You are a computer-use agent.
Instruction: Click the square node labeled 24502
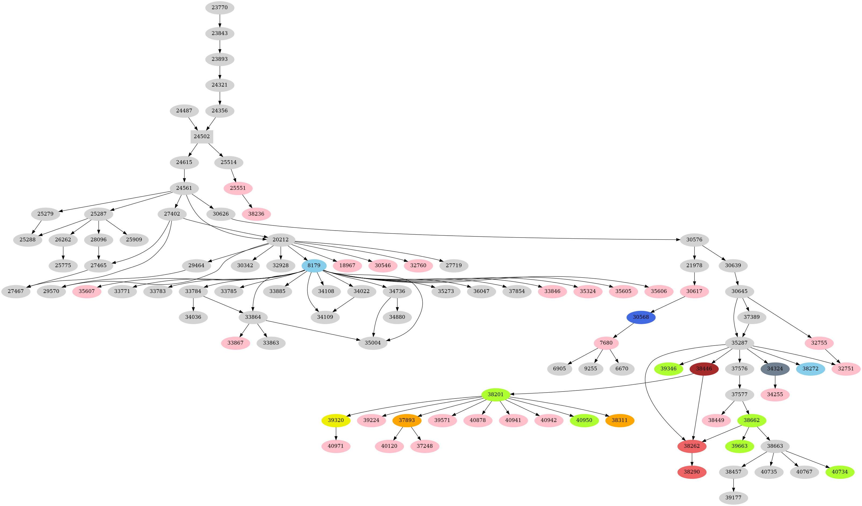click(x=202, y=137)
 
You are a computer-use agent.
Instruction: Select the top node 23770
click(x=220, y=8)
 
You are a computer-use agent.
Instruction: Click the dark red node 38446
click(x=704, y=369)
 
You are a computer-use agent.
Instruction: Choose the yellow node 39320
click(x=336, y=421)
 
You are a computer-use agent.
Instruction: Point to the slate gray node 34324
click(x=775, y=369)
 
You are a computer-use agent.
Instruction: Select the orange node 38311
click(x=619, y=421)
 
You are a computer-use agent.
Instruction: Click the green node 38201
click(x=496, y=394)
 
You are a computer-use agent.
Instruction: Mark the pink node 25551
click(x=238, y=188)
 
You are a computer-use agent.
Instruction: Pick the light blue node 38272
click(x=810, y=369)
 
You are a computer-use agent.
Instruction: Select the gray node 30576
click(x=694, y=240)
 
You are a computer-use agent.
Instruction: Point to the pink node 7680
click(x=606, y=343)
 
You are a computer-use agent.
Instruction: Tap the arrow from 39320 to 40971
click(x=336, y=433)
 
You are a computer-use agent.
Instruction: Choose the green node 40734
click(x=840, y=472)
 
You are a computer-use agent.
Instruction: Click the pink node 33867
click(x=235, y=343)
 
